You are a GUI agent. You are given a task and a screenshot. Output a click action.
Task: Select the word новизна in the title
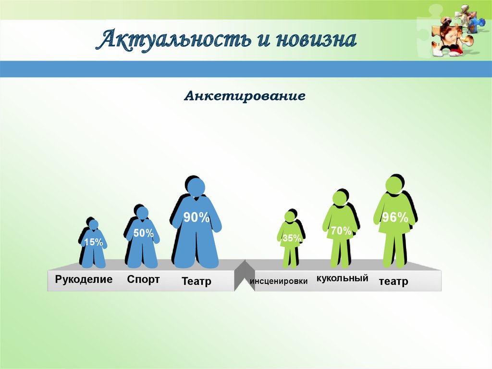pos(316,39)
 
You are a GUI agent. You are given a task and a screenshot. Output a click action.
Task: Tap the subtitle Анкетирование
pos(245,96)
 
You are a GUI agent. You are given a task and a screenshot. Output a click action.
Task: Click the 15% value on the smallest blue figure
pos(93,242)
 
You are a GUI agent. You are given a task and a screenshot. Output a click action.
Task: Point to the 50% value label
pos(143,233)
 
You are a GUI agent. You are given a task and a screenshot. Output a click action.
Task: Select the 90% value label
pos(196,217)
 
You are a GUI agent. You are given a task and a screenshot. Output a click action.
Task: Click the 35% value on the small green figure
pos(292,238)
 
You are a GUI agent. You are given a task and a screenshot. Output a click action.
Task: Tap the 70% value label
pos(341,231)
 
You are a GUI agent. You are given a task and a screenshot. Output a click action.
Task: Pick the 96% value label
pos(394,217)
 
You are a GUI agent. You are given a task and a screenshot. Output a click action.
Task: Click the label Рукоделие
pos(84,279)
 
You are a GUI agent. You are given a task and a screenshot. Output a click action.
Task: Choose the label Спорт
pos(143,280)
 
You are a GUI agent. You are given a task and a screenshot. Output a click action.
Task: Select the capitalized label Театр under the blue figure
pos(196,281)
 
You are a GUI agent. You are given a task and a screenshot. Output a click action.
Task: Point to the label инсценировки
pos(279,281)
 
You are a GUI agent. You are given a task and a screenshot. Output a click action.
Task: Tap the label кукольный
pos(342,279)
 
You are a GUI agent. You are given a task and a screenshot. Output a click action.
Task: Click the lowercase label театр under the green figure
pos(393,281)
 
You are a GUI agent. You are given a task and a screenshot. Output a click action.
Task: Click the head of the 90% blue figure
pos(196,187)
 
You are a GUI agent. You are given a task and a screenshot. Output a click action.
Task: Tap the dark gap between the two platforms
pos(244,277)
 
